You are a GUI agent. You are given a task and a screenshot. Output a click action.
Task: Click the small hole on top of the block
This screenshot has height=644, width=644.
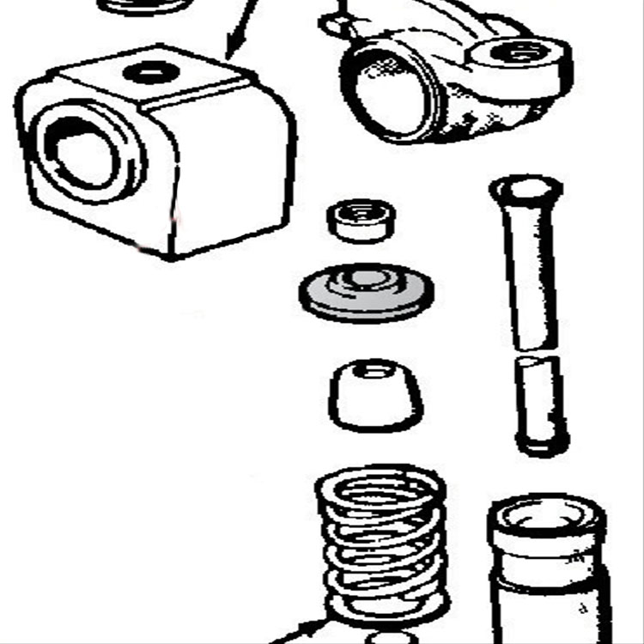click(152, 70)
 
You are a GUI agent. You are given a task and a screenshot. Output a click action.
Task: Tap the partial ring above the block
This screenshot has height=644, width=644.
click(143, 6)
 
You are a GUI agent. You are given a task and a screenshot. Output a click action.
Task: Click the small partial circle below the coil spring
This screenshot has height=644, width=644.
click(392, 638)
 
